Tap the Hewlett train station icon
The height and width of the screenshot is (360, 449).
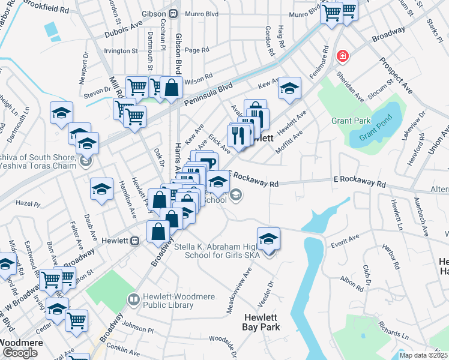point(135,241)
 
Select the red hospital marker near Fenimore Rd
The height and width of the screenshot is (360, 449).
point(343,56)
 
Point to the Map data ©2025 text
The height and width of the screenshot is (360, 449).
point(423,355)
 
